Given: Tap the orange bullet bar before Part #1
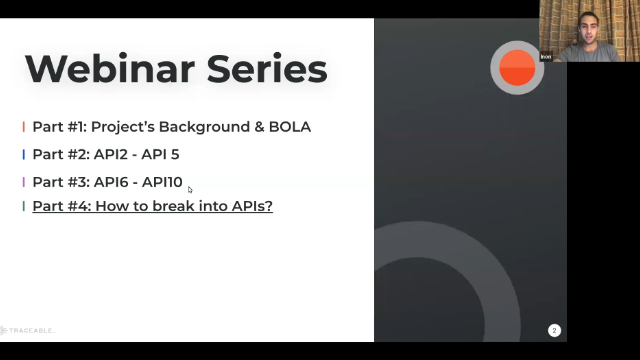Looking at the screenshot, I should (x=24, y=127).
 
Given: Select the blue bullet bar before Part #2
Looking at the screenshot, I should (x=24, y=155).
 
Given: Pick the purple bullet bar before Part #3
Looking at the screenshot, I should (x=24, y=182).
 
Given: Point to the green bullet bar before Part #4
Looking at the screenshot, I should (x=24, y=207).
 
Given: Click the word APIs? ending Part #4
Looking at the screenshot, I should (x=250, y=207).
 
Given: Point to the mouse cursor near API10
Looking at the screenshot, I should (x=190, y=189).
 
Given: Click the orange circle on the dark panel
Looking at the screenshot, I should (x=517, y=67).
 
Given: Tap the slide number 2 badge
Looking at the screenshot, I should (x=554, y=330).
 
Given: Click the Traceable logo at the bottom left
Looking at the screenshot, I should (x=28, y=330).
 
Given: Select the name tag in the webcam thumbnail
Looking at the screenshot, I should (x=546, y=57).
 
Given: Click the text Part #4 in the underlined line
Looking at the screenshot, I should (x=59, y=207).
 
